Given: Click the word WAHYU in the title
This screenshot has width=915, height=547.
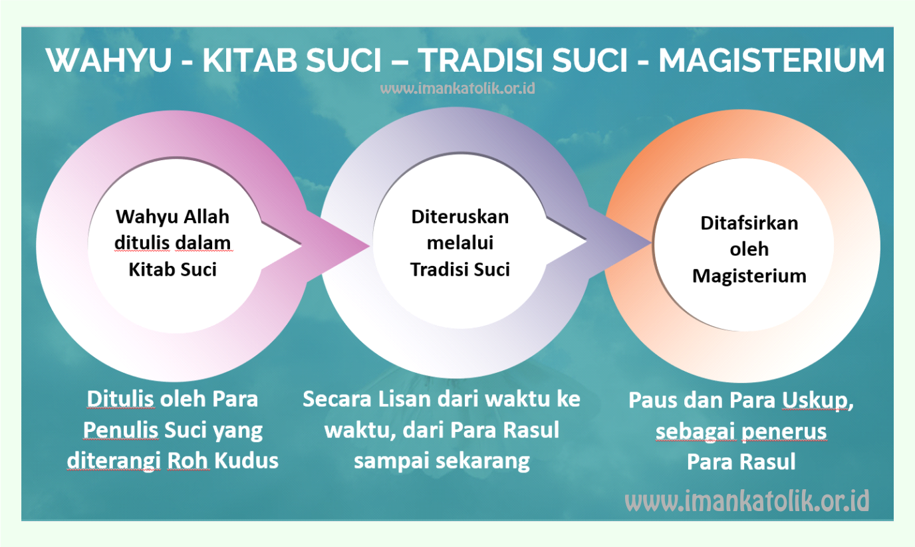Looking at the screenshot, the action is click(x=108, y=60).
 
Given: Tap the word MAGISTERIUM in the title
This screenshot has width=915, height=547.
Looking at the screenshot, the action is click(x=771, y=60).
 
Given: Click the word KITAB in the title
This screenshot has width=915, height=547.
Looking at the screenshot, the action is click(x=250, y=60).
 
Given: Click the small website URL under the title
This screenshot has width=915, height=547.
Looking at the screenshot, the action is click(x=457, y=88).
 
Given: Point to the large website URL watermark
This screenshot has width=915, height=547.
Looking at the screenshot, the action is click(x=747, y=500).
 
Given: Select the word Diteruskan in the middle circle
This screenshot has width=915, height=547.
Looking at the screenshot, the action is click(x=460, y=217).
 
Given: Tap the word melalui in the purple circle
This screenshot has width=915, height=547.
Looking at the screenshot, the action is click(x=460, y=243).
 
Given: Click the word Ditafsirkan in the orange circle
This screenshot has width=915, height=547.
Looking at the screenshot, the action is click(x=749, y=223).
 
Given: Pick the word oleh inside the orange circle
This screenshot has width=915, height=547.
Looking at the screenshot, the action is click(x=749, y=249).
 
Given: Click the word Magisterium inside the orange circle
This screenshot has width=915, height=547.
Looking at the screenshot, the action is click(x=749, y=276).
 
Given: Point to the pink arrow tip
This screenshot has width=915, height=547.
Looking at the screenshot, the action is click(x=369, y=246).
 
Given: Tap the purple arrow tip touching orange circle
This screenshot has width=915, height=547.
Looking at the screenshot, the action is click(x=651, y=243).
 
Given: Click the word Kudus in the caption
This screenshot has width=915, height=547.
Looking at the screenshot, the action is click(x=246, y=461).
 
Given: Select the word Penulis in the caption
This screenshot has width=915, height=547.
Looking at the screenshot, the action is click(x=120, y=430).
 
